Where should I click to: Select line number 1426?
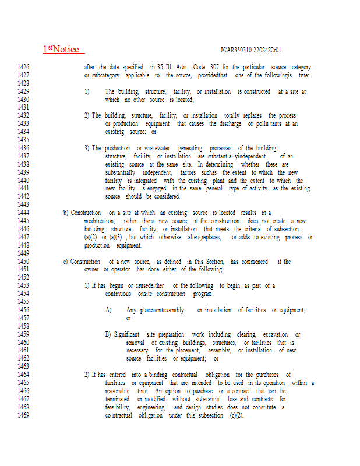23,68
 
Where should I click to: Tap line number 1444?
23,213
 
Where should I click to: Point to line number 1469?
23,416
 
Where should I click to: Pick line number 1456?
23,310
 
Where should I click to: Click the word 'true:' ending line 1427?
304,76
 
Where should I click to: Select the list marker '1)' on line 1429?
87,92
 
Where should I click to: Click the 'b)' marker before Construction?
66,213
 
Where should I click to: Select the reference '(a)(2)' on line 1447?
90,238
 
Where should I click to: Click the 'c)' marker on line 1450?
66,262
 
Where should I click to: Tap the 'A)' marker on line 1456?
108,310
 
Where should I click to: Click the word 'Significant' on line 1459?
126,335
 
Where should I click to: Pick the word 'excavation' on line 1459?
275,335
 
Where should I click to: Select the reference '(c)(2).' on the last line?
231,416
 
